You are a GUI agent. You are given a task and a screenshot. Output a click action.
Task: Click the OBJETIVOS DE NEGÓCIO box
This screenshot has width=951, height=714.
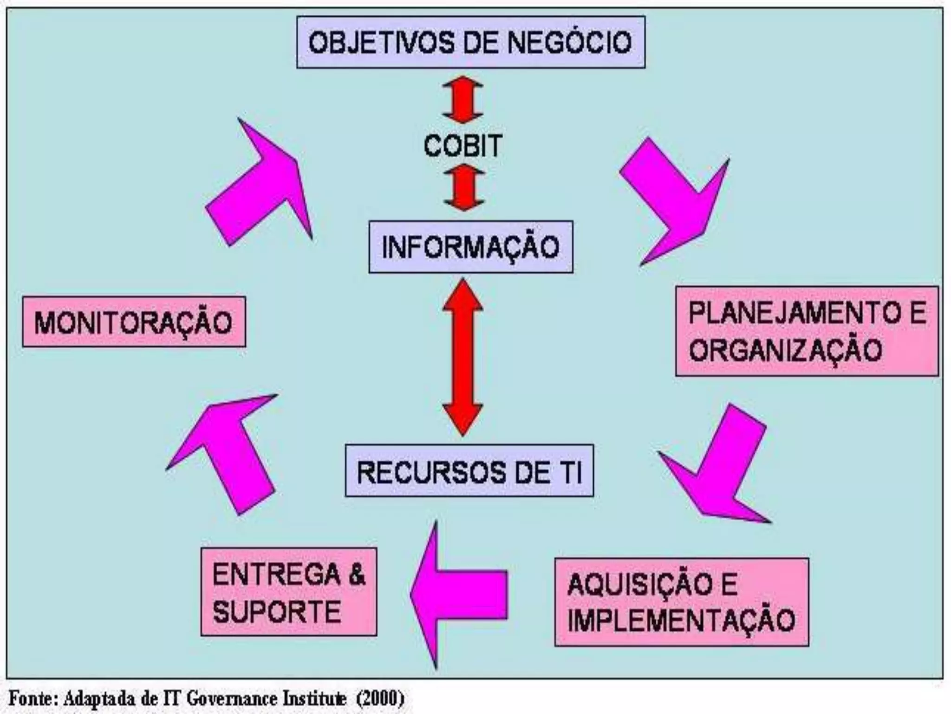click(x=470, y=42)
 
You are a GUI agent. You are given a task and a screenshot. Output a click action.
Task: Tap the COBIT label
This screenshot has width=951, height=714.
click(x=463, y=145)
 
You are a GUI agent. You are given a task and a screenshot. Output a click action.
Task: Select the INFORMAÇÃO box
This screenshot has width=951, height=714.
click(x=470, y=246)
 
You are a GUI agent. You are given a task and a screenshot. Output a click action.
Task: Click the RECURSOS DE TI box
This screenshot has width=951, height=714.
click(x=469, y=471)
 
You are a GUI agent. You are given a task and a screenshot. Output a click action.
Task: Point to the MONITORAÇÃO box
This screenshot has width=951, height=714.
click(x=134, y=322)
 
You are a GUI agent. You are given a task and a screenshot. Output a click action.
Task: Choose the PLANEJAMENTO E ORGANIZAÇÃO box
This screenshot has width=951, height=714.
click(x=807, y=331)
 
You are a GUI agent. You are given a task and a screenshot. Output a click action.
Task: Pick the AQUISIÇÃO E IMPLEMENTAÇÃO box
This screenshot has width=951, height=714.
click(x=681, y=602)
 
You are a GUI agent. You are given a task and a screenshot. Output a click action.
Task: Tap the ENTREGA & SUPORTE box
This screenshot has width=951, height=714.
click(x=288, y=592)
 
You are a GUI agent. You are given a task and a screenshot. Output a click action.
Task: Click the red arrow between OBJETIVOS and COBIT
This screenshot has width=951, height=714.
click(x=462, y=99)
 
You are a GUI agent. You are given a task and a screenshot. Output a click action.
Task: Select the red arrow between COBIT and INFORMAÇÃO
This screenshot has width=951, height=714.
click(x=463, y=187)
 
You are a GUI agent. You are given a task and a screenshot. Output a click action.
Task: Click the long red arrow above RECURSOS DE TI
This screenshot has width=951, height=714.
click(x=463, y=357)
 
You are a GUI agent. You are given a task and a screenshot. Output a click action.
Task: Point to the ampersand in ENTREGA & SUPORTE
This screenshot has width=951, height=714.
click(x=356, y=575)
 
